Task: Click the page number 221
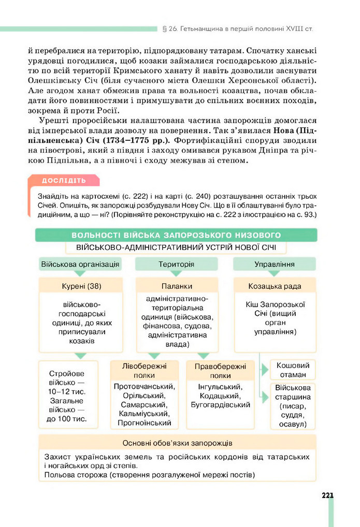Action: click(327, 495)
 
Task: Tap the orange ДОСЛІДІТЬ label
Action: click(64, 181)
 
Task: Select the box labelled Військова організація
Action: click(80, 264)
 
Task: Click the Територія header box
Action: click(176, 264)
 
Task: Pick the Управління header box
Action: click(274, 264)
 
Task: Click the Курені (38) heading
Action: click(80, 286)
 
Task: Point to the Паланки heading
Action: click(176, 286)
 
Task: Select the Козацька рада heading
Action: click(275, 286)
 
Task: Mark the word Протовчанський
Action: click(144, 386)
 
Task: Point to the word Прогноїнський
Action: click(144, 423)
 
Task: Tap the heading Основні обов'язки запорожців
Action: click(177, 443)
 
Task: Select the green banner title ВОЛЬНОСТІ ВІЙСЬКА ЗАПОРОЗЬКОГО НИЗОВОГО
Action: click(177, 235)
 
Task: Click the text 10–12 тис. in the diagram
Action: click(66, 391)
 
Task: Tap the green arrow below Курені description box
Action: click(80, 355)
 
